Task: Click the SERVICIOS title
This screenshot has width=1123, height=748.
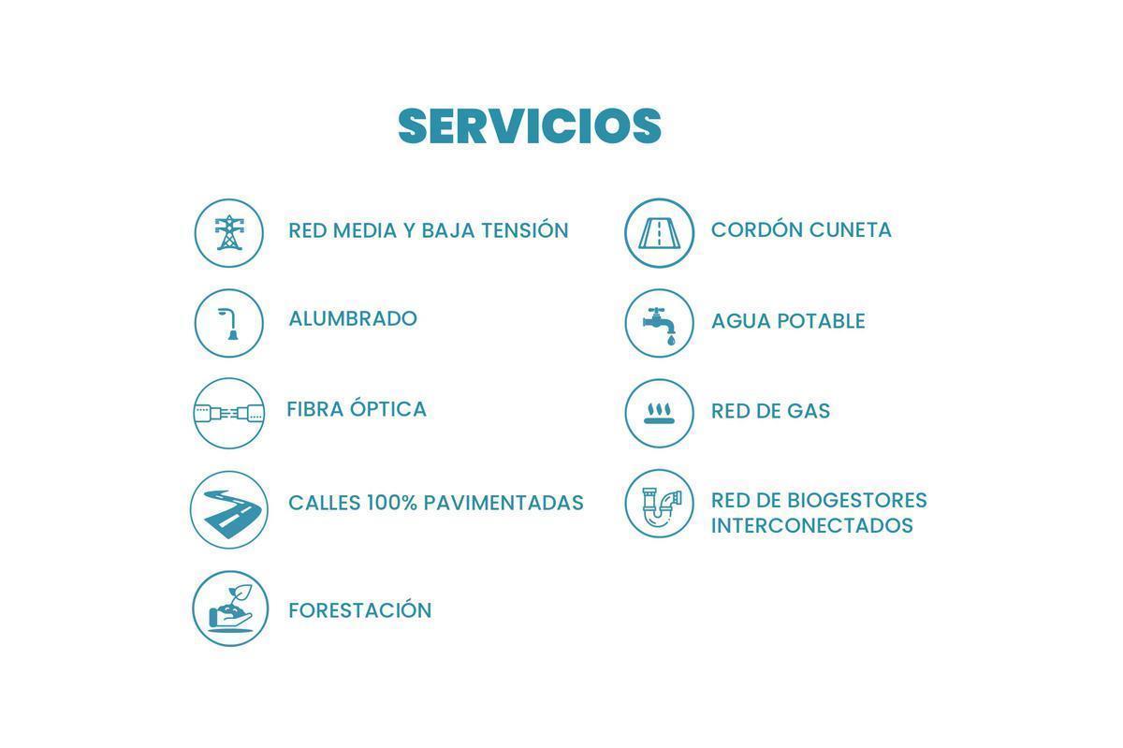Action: click(x=530, y=126)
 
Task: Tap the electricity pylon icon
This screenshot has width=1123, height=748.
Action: click(x=229, y=233)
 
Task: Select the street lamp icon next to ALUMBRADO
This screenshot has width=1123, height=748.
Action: click(x=229, y=323)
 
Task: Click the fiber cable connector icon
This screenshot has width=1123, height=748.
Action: click(x=229, y=413)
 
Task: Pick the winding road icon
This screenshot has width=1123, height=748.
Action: click(x=229, y=510)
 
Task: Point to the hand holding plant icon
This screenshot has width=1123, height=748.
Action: click(x=230, y=609)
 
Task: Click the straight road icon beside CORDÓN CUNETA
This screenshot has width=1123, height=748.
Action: click(x=660, y=233)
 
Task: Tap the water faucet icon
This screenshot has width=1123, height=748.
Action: click(x=660, y=323)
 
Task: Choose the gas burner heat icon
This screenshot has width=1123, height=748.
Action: click(x=660, y=413)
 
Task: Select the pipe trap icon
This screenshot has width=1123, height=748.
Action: click(x=660, y=504)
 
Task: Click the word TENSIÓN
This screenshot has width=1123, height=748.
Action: click(x=524, y=230)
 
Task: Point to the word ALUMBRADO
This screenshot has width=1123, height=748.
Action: click(x=353, y=318)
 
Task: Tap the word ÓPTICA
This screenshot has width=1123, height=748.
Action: click(x=388, y=409)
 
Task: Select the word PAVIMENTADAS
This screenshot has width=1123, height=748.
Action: click(x=503, y=503)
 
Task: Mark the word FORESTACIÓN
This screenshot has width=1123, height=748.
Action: click(x=360, y=610)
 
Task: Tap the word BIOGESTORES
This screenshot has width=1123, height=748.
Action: click(x=856, y=500)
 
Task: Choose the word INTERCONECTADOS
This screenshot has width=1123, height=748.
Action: click(x=812, y=525)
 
